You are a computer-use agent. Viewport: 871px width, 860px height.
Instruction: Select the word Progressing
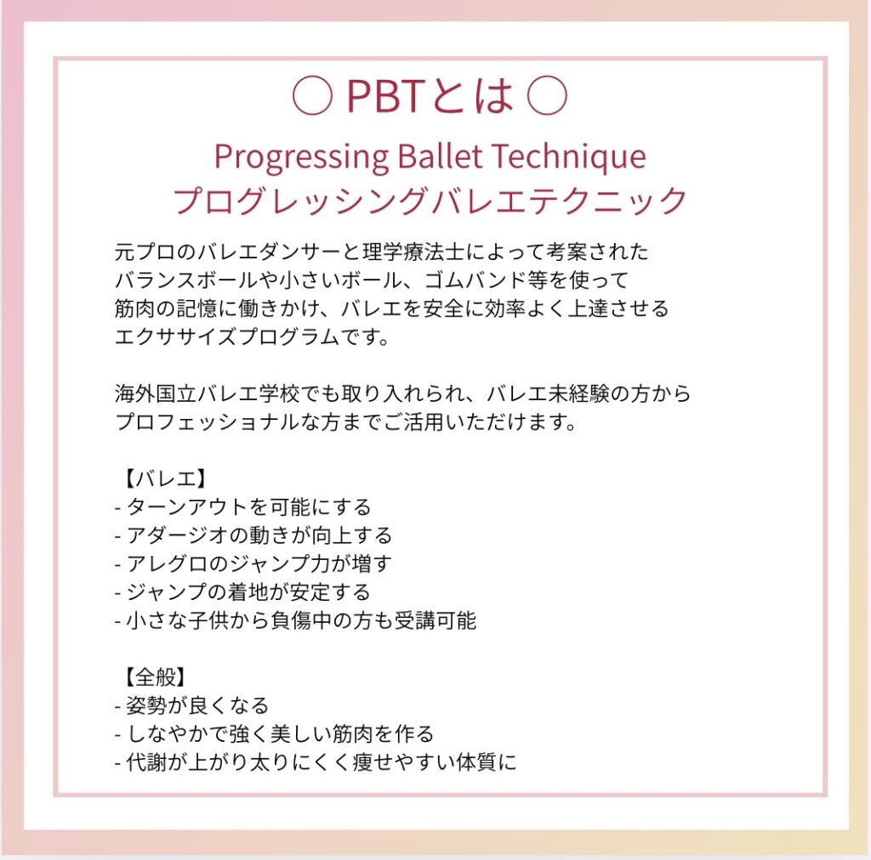[x=301, y=157]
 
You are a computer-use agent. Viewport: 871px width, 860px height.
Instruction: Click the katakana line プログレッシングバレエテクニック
[x=430, y=201]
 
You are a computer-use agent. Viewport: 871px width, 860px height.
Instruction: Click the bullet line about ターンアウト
[x=242, y=507]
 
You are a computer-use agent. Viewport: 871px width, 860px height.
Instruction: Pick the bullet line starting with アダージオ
[x=253, y=535]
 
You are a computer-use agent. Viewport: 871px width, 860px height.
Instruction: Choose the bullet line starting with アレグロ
[x=253, y=563]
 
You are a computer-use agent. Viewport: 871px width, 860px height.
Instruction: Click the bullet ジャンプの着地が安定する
[x=242, y=592]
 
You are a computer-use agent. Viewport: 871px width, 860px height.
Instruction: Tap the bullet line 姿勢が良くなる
[x=191, y=705]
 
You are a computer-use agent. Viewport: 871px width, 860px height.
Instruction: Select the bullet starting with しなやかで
[x=274, y=733]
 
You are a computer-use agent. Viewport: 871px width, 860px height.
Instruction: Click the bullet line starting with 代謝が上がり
[x=316, y=761]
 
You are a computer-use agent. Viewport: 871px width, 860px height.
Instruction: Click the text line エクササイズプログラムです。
[x=253, y=337]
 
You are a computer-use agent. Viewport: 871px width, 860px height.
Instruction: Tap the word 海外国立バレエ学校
[x=208, y=393]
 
